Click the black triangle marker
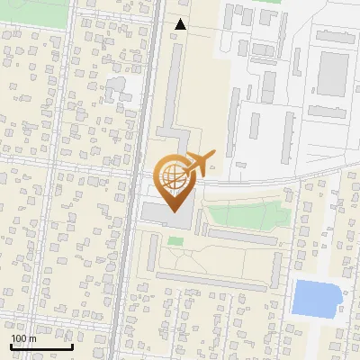tap(181, 24)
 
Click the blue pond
tap(316, 297)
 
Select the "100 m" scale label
tap(23, 338)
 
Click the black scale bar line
tap(41, 346)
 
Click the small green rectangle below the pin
tap(175, 241)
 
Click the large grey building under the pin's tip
tap(166, 217)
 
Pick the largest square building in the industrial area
tap(333, 72)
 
